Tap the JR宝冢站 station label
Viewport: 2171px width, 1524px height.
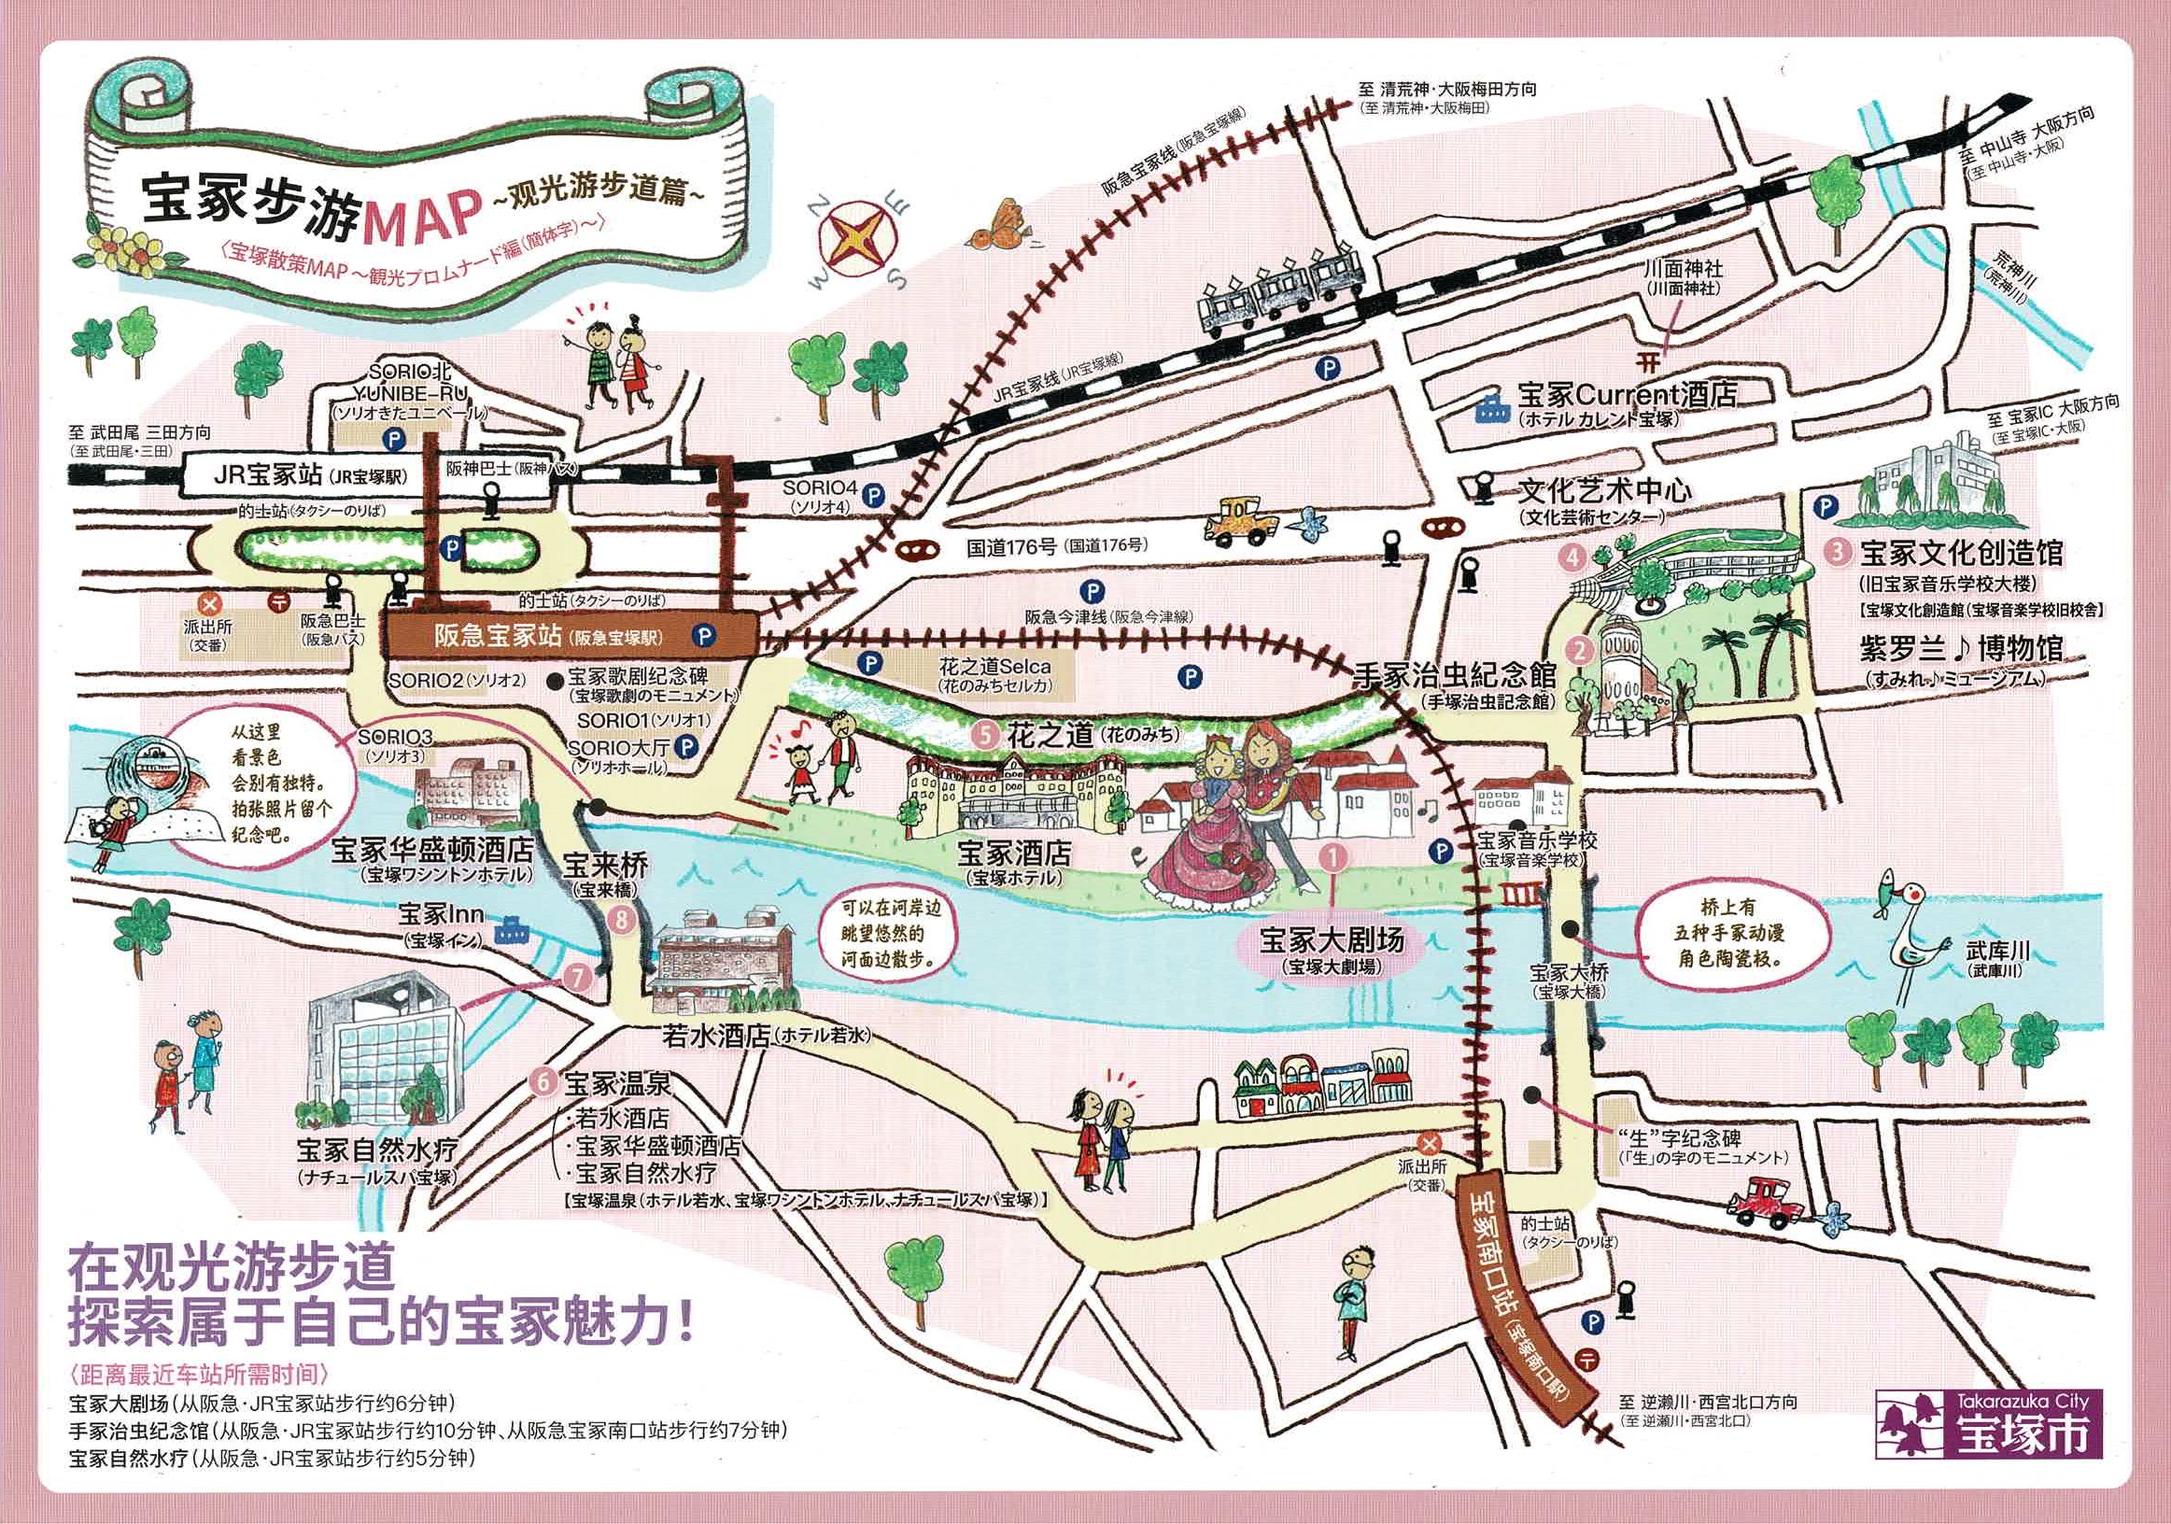(270, 475)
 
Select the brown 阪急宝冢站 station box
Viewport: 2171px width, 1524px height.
(568, 634)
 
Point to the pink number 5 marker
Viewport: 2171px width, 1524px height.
(987, 736)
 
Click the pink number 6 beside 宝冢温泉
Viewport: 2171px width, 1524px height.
(542, 1081)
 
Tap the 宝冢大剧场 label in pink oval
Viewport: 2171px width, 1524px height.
(1332, 939)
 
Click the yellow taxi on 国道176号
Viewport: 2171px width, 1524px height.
(1238, 522)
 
